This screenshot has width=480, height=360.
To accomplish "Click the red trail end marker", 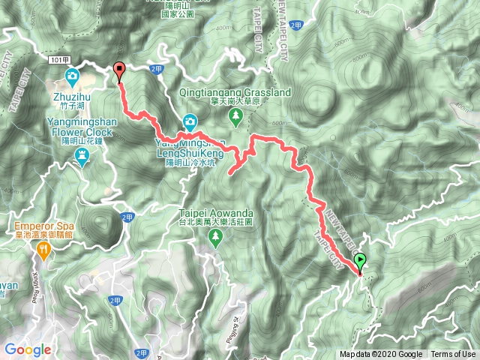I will [x=119, y=71].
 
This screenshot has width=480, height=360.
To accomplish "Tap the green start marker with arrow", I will [x=360, y=262].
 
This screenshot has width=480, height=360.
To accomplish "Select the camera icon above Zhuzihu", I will [x=71, y=75].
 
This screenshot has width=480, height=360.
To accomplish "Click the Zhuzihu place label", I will [x=71, y=96].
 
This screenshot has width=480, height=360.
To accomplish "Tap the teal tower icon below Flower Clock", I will [x=82, y=156].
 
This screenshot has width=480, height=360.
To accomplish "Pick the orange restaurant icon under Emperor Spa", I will [x=44, y=253].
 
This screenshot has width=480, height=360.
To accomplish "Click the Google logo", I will [x=28, y=349].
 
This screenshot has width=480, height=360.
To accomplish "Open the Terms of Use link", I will [x=453, y=355].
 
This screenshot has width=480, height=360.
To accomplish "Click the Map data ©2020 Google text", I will [x=381, y=355].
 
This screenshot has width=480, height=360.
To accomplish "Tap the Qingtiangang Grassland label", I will [x=235, y=92].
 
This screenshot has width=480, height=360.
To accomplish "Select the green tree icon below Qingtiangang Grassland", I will [x=235, y=115].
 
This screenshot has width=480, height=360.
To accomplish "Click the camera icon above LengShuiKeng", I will [x=190, y=121].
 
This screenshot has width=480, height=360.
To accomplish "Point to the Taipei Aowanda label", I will [x=215, y=212].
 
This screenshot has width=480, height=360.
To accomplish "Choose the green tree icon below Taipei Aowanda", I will [x=216, y=238].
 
